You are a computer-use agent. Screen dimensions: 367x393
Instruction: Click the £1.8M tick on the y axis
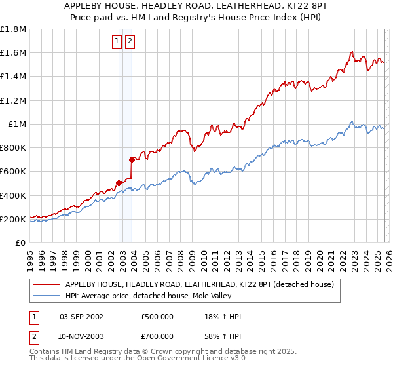pos(13,29)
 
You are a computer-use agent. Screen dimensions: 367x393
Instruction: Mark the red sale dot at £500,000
pos(119,183)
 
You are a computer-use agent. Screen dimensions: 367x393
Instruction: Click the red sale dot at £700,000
pos(132,159)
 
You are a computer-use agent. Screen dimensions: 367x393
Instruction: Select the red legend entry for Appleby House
pos(199,284)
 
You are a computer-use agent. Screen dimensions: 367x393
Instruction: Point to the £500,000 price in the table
pos(157,317)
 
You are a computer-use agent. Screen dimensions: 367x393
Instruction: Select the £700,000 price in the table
pos(157,336)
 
